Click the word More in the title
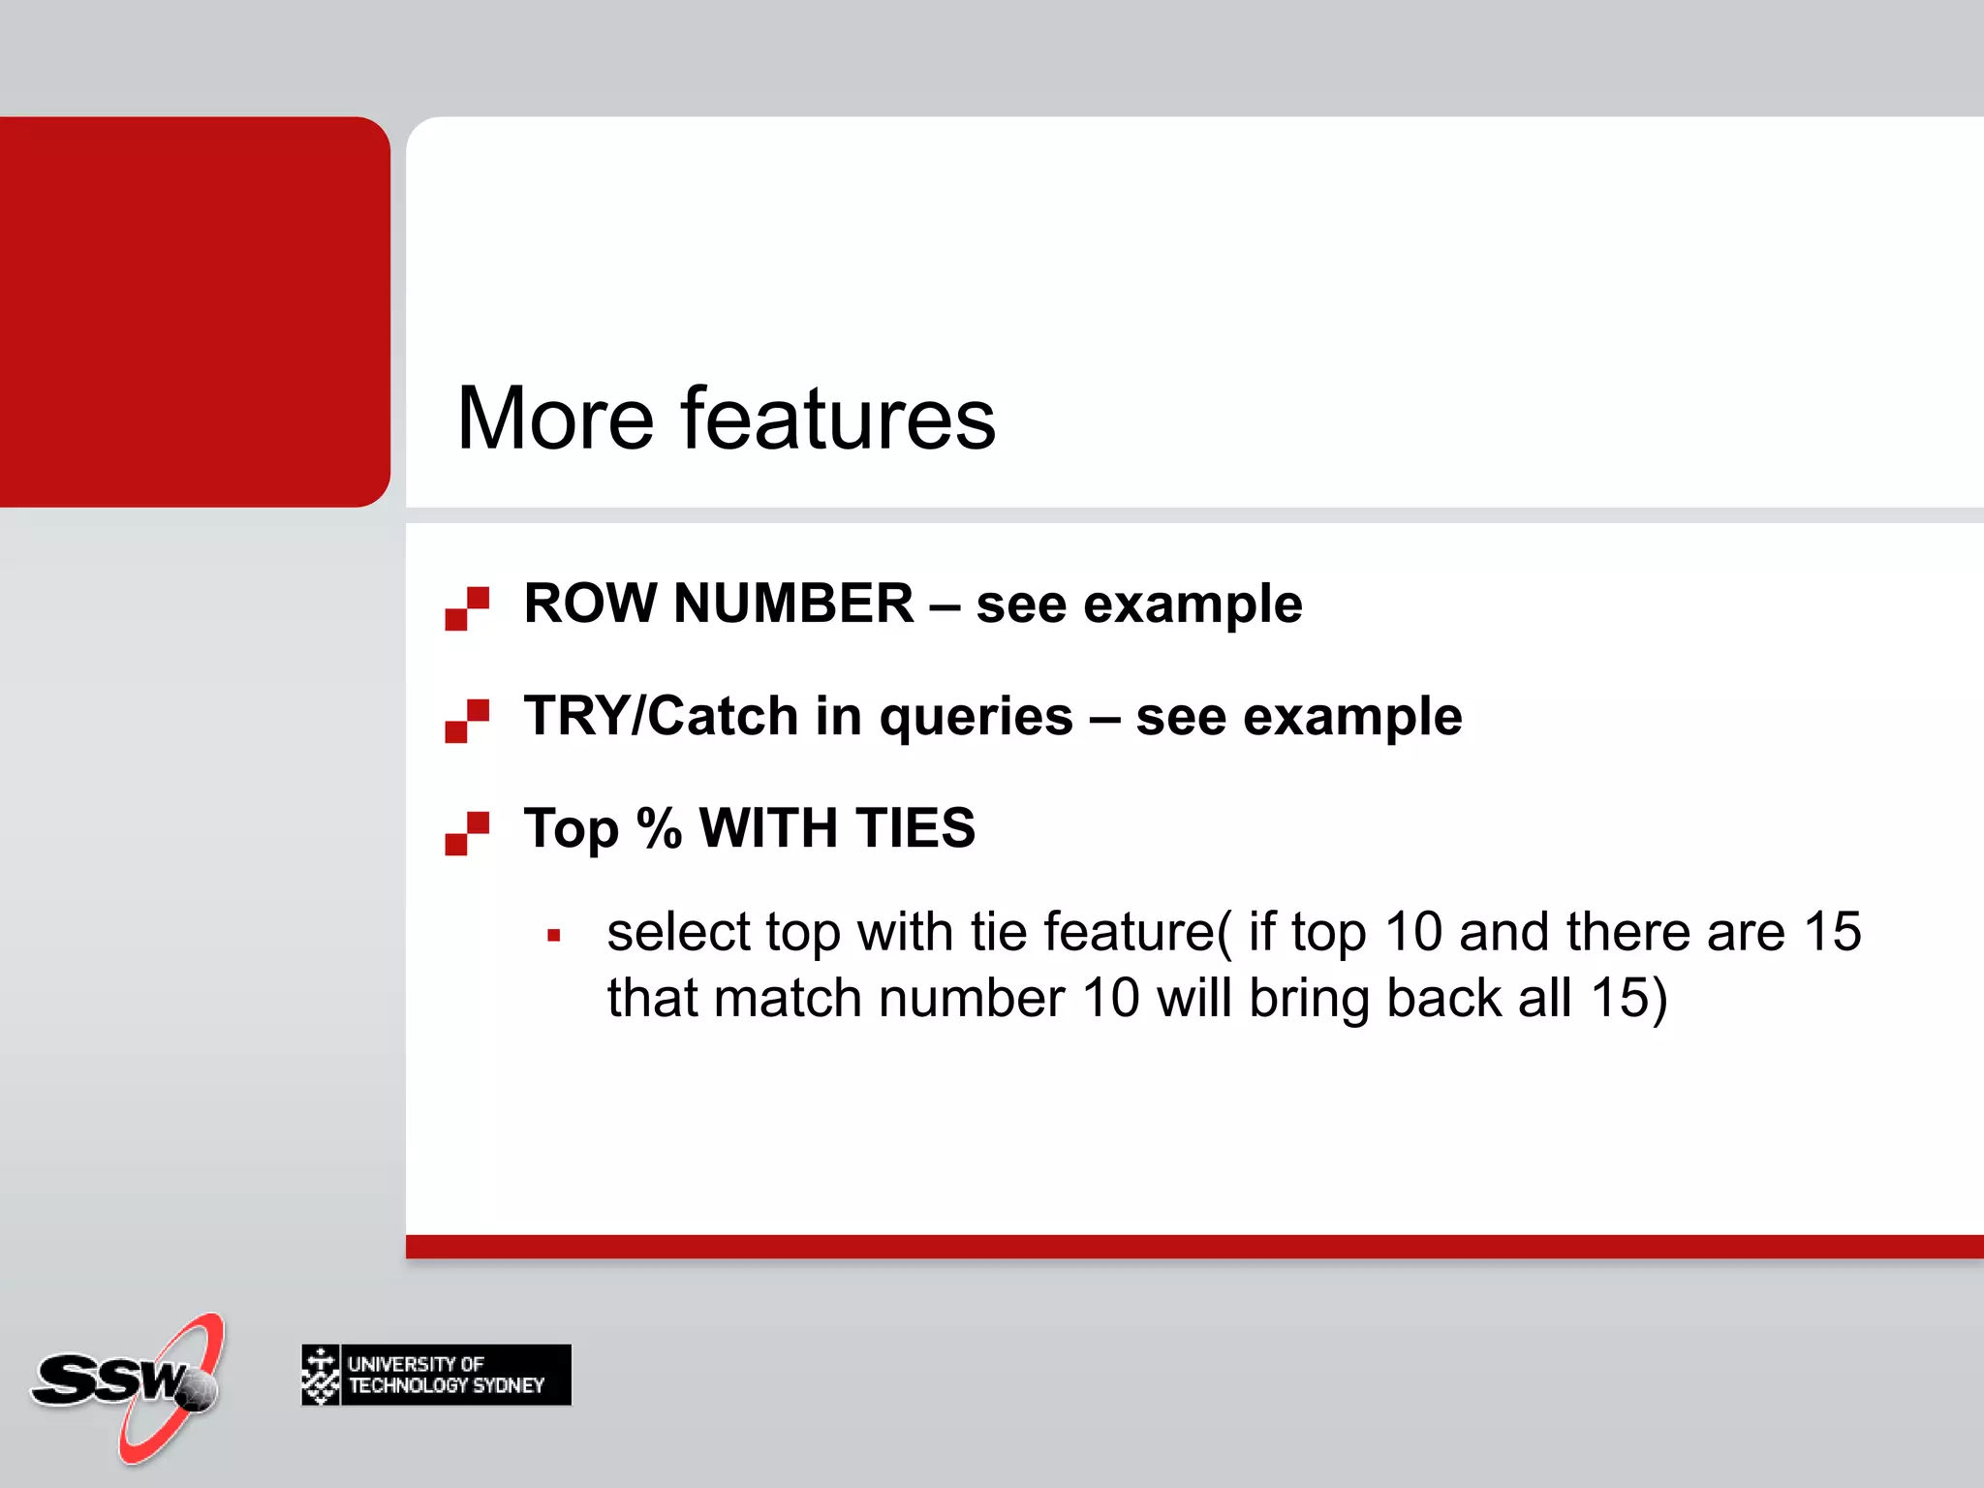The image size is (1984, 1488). click(555, 418)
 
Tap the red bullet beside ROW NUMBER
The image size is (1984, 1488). click(467, 608)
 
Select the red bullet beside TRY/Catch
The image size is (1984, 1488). click(467, 721)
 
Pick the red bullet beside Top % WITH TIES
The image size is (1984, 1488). click(467, 833)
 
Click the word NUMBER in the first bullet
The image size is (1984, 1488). click(792, 604)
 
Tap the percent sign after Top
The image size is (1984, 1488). click(659, 828)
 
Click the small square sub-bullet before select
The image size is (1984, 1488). click(554, 936)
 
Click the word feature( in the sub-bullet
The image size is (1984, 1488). click(1137, 933)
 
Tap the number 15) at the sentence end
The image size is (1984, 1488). click(1628, 998)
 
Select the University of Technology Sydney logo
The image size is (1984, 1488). click(436, 1375)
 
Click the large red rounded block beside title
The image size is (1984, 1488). click(194, 311)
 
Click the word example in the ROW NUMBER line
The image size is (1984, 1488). click(1193, 605)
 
